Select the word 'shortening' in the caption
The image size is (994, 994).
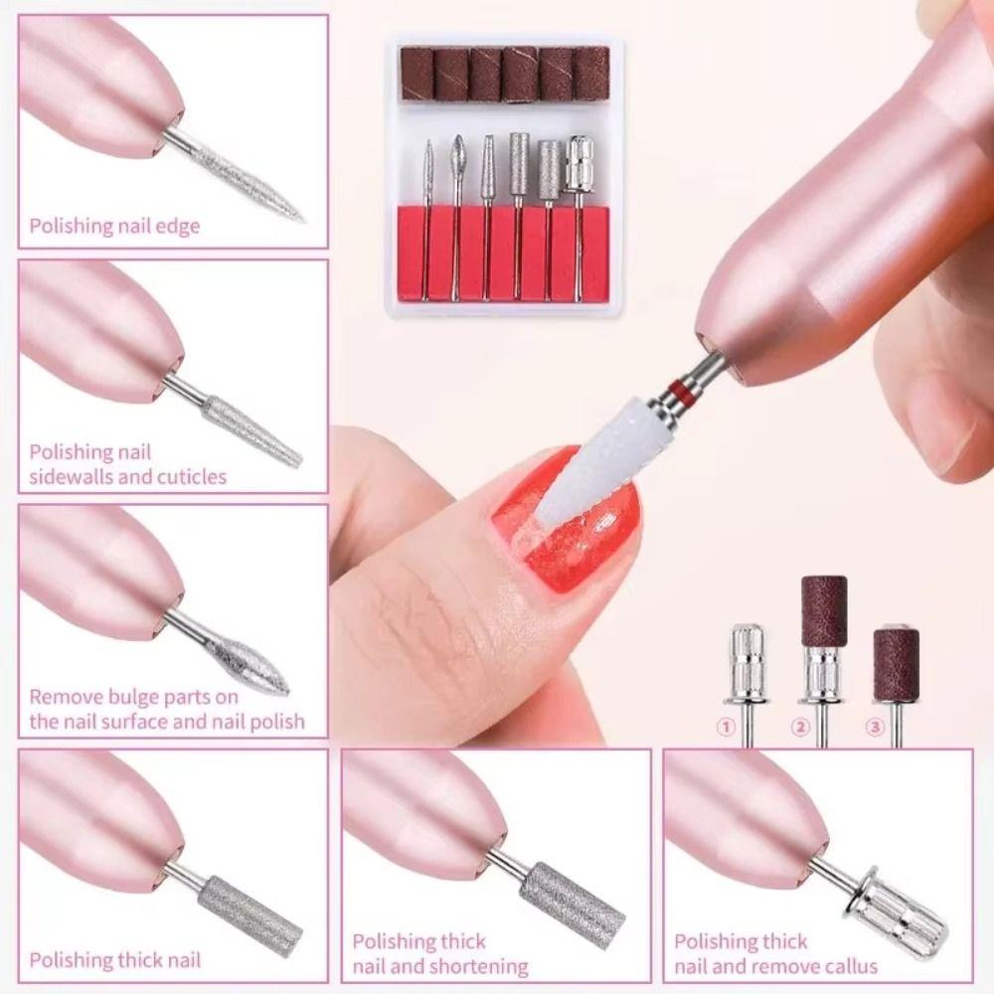[481, 965]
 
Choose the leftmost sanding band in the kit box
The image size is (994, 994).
[415, 74]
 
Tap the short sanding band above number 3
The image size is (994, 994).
[896, 656]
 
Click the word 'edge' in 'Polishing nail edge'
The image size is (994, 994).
[179, 226]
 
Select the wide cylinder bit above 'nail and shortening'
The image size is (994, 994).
[572, 901]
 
